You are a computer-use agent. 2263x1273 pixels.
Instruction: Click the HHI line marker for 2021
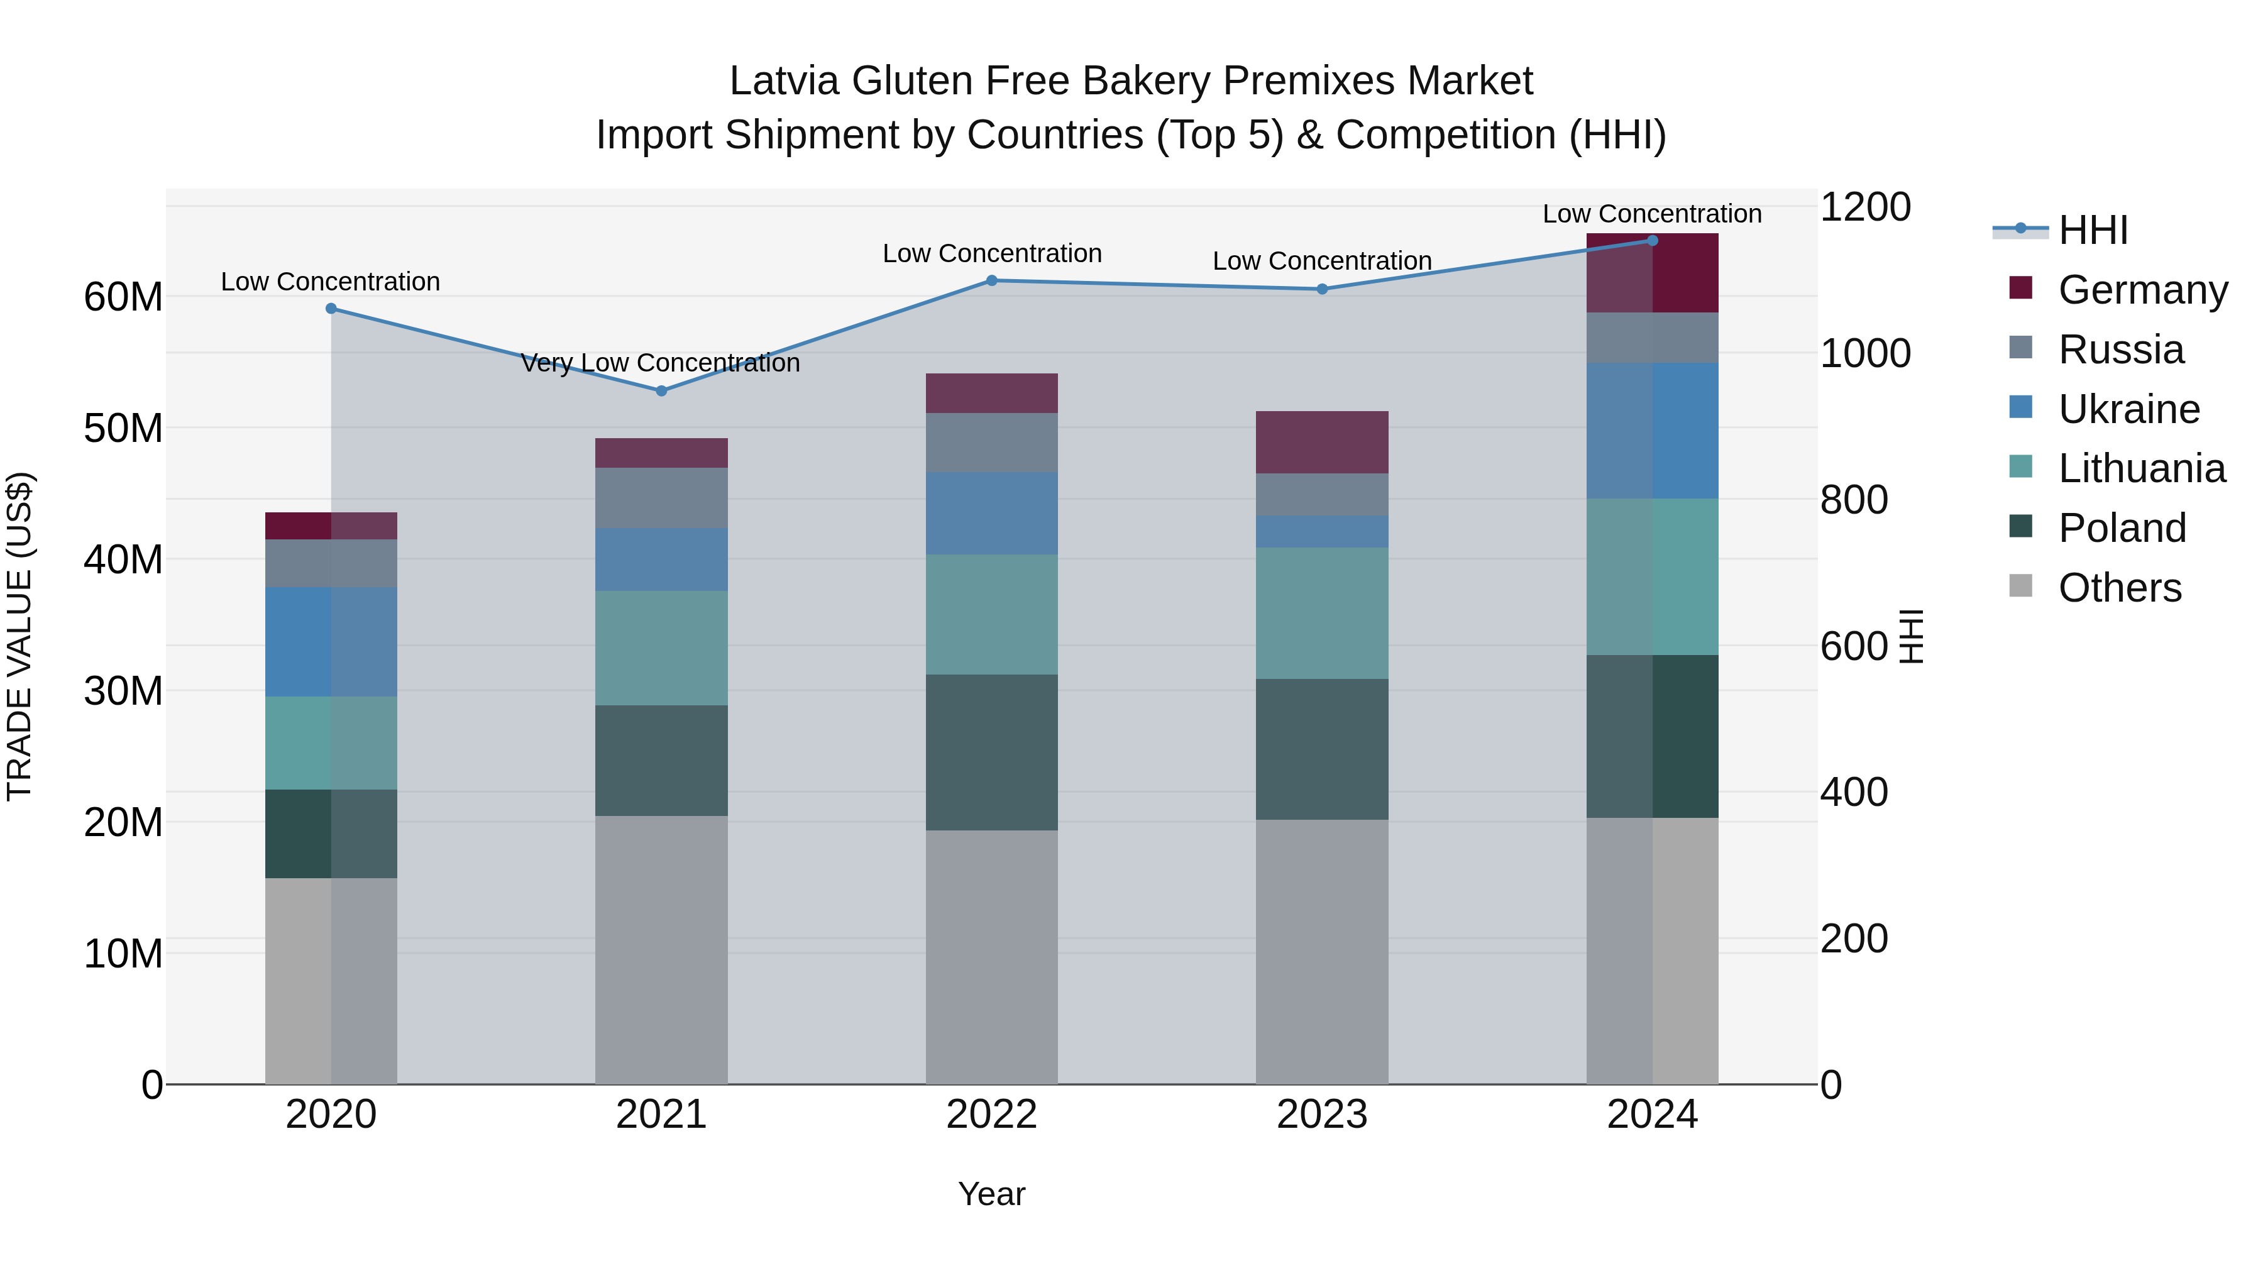[x=661, y=391]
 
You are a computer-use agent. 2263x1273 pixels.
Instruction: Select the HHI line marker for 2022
[x=992, y=280]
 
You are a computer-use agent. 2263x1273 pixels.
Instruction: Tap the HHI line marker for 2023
[x=1322, y=289]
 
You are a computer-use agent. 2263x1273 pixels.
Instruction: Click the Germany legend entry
[x=2142, y=290]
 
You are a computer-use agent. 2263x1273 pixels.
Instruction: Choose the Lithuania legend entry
[x=2141, y=468]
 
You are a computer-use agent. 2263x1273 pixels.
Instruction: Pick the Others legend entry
[x=2119, y=588]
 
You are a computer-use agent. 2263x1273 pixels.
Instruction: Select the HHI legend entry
[x=2093, y=230]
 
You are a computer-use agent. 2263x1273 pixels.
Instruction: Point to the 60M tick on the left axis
[x=123, y=297]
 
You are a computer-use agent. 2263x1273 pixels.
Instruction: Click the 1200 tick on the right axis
[x=1865, y=207]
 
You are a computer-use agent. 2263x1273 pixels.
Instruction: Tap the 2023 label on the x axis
[x=1322, y=1115]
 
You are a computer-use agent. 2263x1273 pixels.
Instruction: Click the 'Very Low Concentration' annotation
[x=661, y=363]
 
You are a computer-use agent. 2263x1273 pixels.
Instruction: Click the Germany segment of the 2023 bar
[x=1322, y=442]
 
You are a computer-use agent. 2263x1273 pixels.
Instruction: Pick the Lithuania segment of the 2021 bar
[x=661, y=648]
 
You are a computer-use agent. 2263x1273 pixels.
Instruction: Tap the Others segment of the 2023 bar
[x=1322, y=952]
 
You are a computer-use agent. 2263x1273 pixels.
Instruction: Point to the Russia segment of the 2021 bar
[x=661, y=497]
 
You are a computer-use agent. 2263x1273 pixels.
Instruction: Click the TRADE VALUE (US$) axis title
[x=19, y=636]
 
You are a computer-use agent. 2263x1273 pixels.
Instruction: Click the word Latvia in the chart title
[x=785, y=81]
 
